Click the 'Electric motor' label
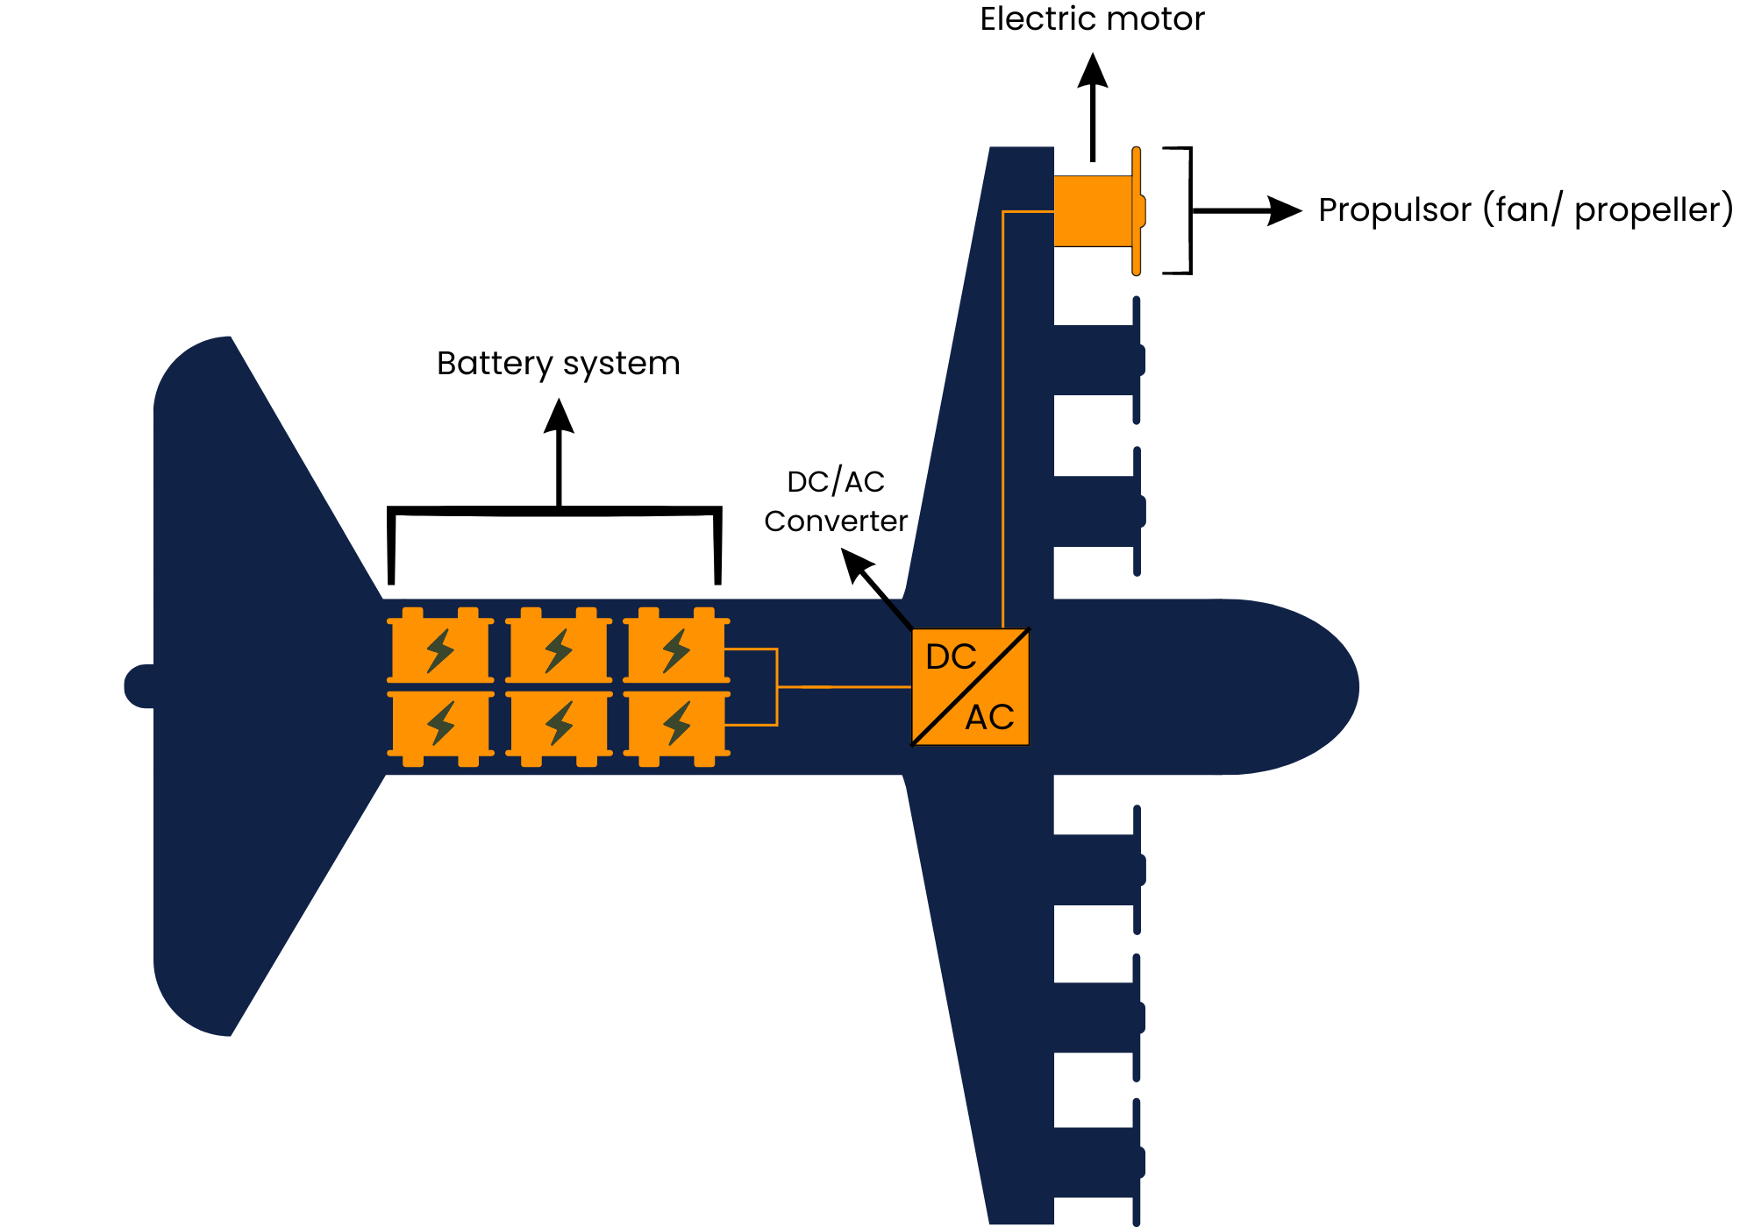coord(1092,19)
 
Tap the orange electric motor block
coord(1092,211)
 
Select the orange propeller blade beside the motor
coord(1137,211)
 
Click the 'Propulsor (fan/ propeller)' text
coord(1525,210)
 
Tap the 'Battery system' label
coord(558,363)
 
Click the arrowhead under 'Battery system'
coord(559,416)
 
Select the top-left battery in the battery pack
coord(440,649)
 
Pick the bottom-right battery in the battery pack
coord(676,724)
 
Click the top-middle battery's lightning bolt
coord(559,650)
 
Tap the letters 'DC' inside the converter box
coord(951,656)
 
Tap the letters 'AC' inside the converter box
coord(989,718)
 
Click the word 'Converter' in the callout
coord(835,521)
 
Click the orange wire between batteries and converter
coord(842,686)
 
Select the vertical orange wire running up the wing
coord(1002,421)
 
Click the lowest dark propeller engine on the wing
coord(1096,1162)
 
